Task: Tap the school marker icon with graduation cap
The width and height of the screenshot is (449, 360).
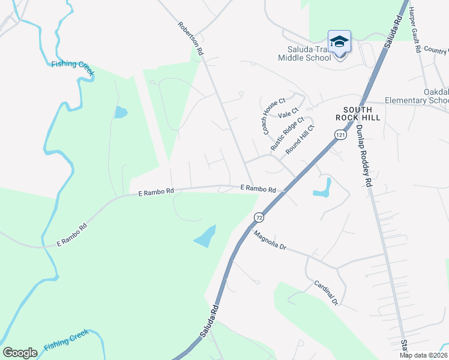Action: [339, 42]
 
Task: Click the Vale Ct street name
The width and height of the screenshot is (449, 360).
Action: [288, 113]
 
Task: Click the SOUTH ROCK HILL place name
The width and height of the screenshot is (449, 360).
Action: [358, 113]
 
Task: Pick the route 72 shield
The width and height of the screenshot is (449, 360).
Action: [259, 217]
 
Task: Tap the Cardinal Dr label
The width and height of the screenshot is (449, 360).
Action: [327, 292]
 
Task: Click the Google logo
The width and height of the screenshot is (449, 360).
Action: [20, 352]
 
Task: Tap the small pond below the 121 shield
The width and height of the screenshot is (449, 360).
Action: [322, 188]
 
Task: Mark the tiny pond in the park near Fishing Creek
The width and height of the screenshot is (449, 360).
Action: [121, 112]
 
